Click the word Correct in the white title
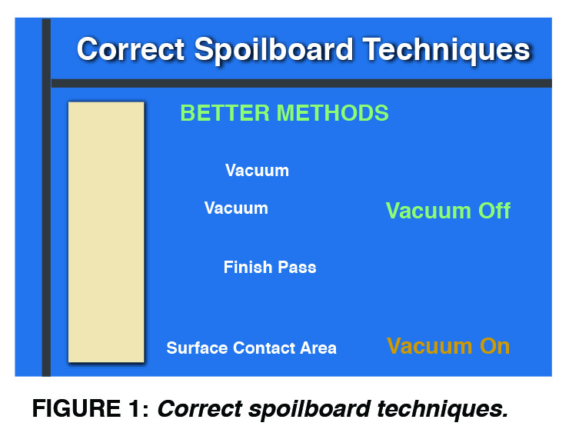(131, 50)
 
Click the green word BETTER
(225, 113)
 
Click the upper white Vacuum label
(257, 171)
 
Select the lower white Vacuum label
(236, 208)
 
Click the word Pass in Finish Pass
(298, 268)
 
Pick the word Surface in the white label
(197, 348)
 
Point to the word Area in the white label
(318, 348)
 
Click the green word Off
(491, 211)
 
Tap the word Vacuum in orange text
(429, 346)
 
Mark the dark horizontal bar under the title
(300, 83)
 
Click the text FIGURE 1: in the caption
(91, 409)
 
